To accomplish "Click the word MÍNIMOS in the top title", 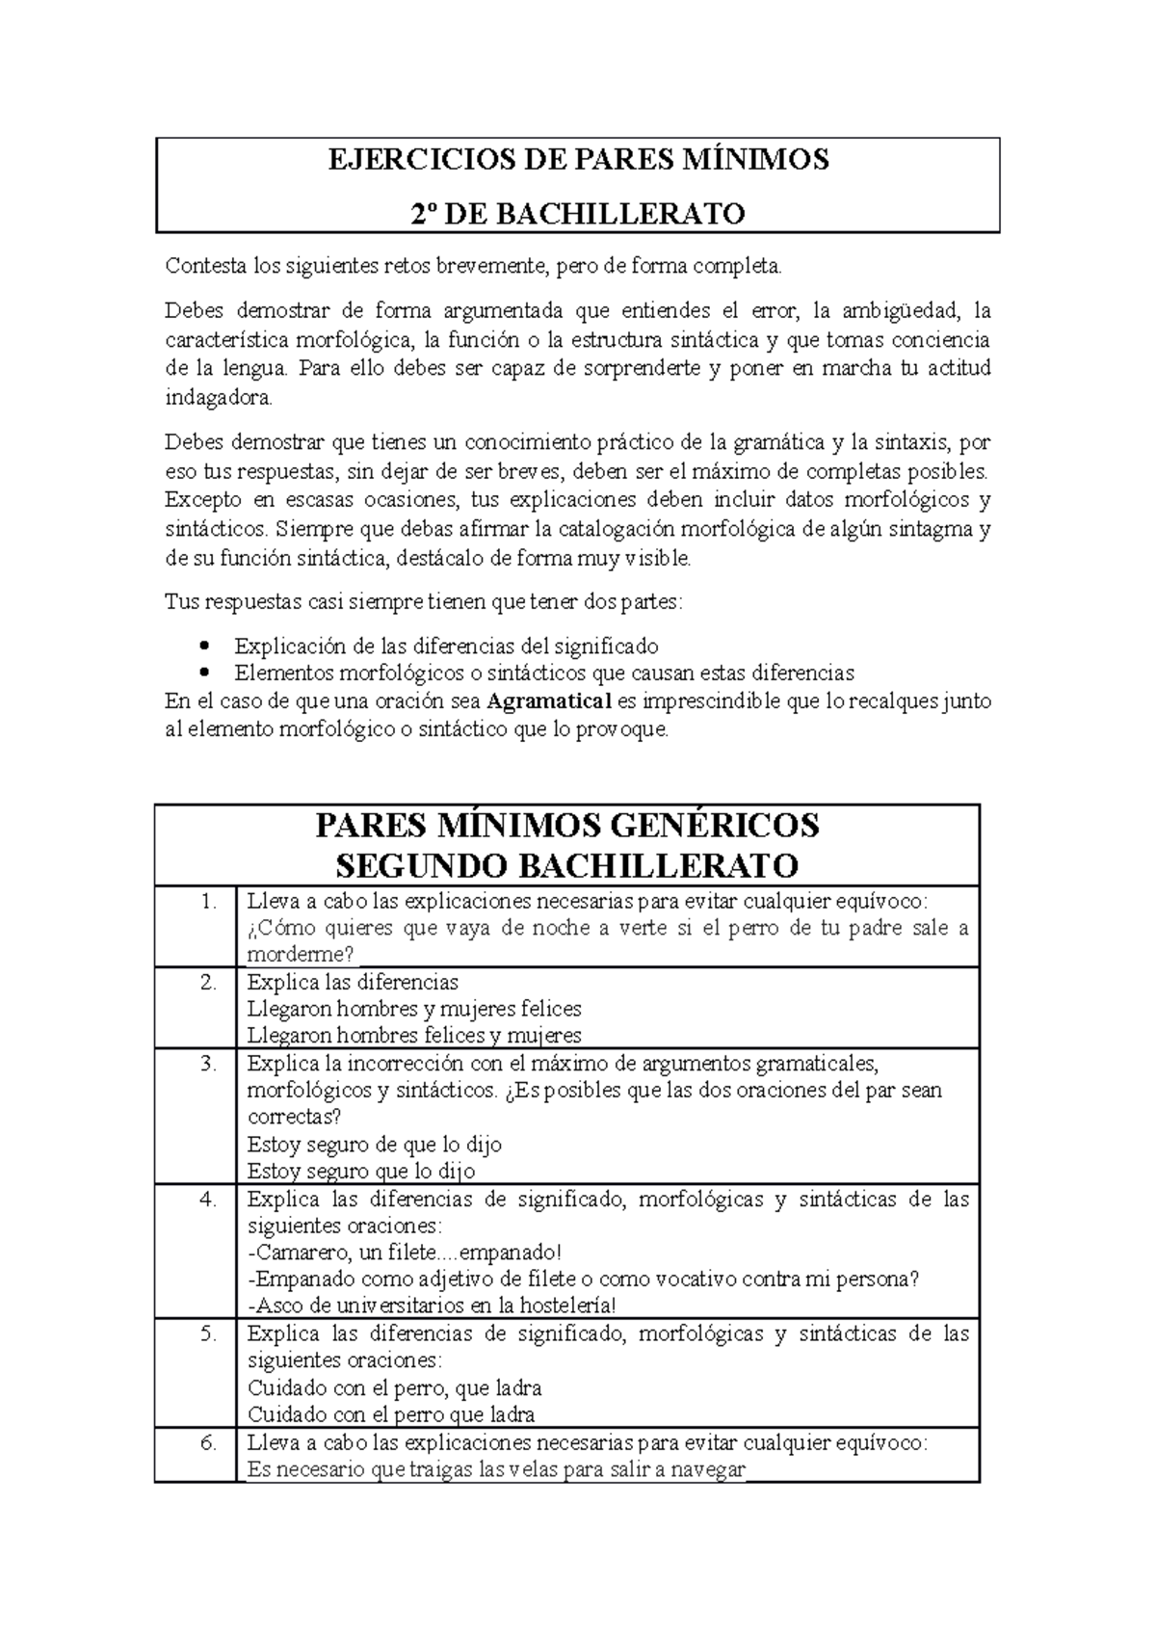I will coord(758,159).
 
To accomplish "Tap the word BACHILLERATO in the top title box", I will coord(620,213).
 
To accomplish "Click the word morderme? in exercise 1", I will coord(301,955).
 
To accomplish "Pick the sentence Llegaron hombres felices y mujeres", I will coord(414,1036).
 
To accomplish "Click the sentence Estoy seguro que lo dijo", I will coord(361,1172).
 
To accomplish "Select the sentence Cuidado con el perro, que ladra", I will coord(394,1388).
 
